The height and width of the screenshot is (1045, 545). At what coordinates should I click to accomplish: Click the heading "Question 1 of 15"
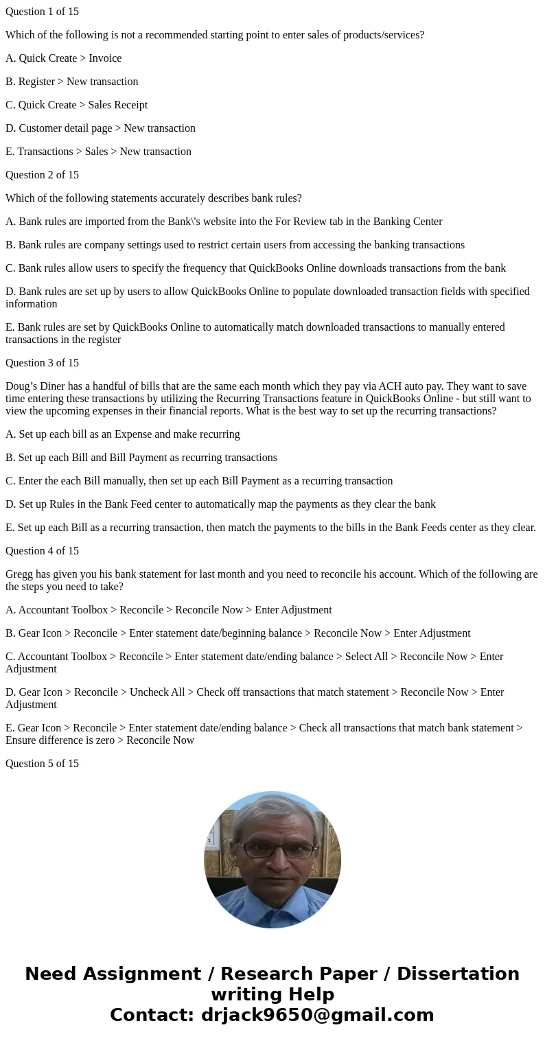42,12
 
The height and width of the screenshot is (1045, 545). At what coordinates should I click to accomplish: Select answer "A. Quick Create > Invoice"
63,58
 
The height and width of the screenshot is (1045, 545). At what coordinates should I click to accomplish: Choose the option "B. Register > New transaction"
71,82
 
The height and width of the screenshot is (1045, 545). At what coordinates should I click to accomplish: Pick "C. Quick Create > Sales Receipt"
76,105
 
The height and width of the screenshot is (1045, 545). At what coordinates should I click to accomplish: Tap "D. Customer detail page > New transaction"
100,128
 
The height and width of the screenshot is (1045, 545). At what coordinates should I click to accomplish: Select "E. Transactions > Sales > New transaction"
98,152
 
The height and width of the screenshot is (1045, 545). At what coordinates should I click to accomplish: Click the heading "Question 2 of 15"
42,175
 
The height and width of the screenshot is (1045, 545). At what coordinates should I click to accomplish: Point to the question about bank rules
153,198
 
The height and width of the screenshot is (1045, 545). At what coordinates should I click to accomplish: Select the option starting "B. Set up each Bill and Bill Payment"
141,458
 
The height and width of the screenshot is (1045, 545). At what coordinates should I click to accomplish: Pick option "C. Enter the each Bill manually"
198,481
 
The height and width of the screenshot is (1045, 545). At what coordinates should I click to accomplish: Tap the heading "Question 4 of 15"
42,551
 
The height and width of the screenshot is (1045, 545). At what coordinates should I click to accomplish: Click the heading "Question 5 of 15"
42,764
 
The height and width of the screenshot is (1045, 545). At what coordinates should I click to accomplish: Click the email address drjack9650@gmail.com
317,1015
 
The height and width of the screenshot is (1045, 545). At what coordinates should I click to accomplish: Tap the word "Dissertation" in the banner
458,974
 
